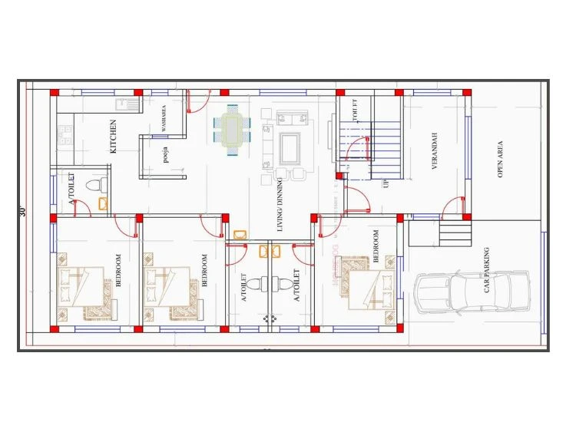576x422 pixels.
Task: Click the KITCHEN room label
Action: (x=114, y=136)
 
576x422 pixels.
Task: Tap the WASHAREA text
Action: (x=163, y=119)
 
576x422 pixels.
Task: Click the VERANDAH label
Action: (x=434, y=150)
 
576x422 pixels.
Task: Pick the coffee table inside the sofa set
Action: (x=290, y=147)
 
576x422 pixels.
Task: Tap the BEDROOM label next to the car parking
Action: (x=376, y=246)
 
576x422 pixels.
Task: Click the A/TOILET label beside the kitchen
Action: (x=73, y=190)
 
